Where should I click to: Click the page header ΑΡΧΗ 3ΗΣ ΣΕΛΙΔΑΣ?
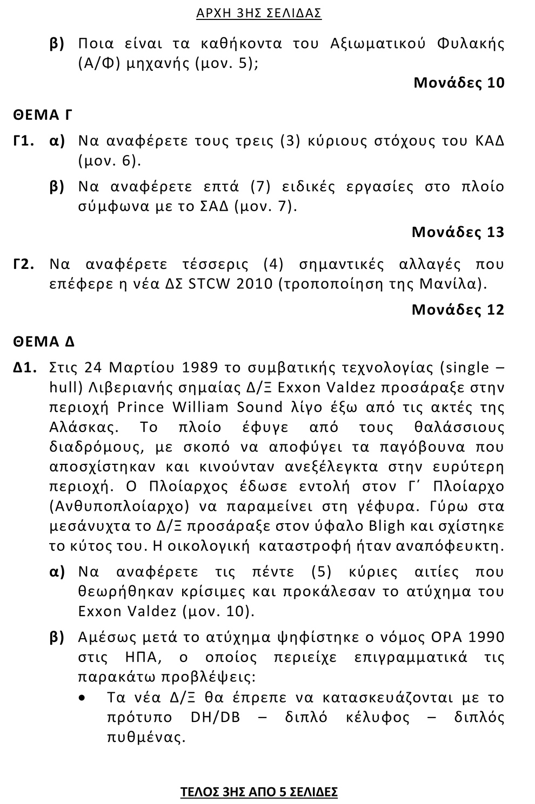pos(259,13)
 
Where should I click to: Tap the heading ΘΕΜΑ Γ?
pos(43,115)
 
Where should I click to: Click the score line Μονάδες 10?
pos(459,83)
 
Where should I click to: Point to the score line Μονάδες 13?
pos(458,232)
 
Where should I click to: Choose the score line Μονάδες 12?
pos(458,309)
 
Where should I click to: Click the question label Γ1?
pos(25,141)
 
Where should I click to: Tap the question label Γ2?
pos(25,265)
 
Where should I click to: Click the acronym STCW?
pos(210,284)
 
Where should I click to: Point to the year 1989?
pos(199,368)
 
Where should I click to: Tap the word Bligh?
pos(385,526)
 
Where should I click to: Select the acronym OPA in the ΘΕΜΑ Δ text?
pos(446,637)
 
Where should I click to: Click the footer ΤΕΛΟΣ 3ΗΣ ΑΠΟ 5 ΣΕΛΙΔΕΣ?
pos(259,792)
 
